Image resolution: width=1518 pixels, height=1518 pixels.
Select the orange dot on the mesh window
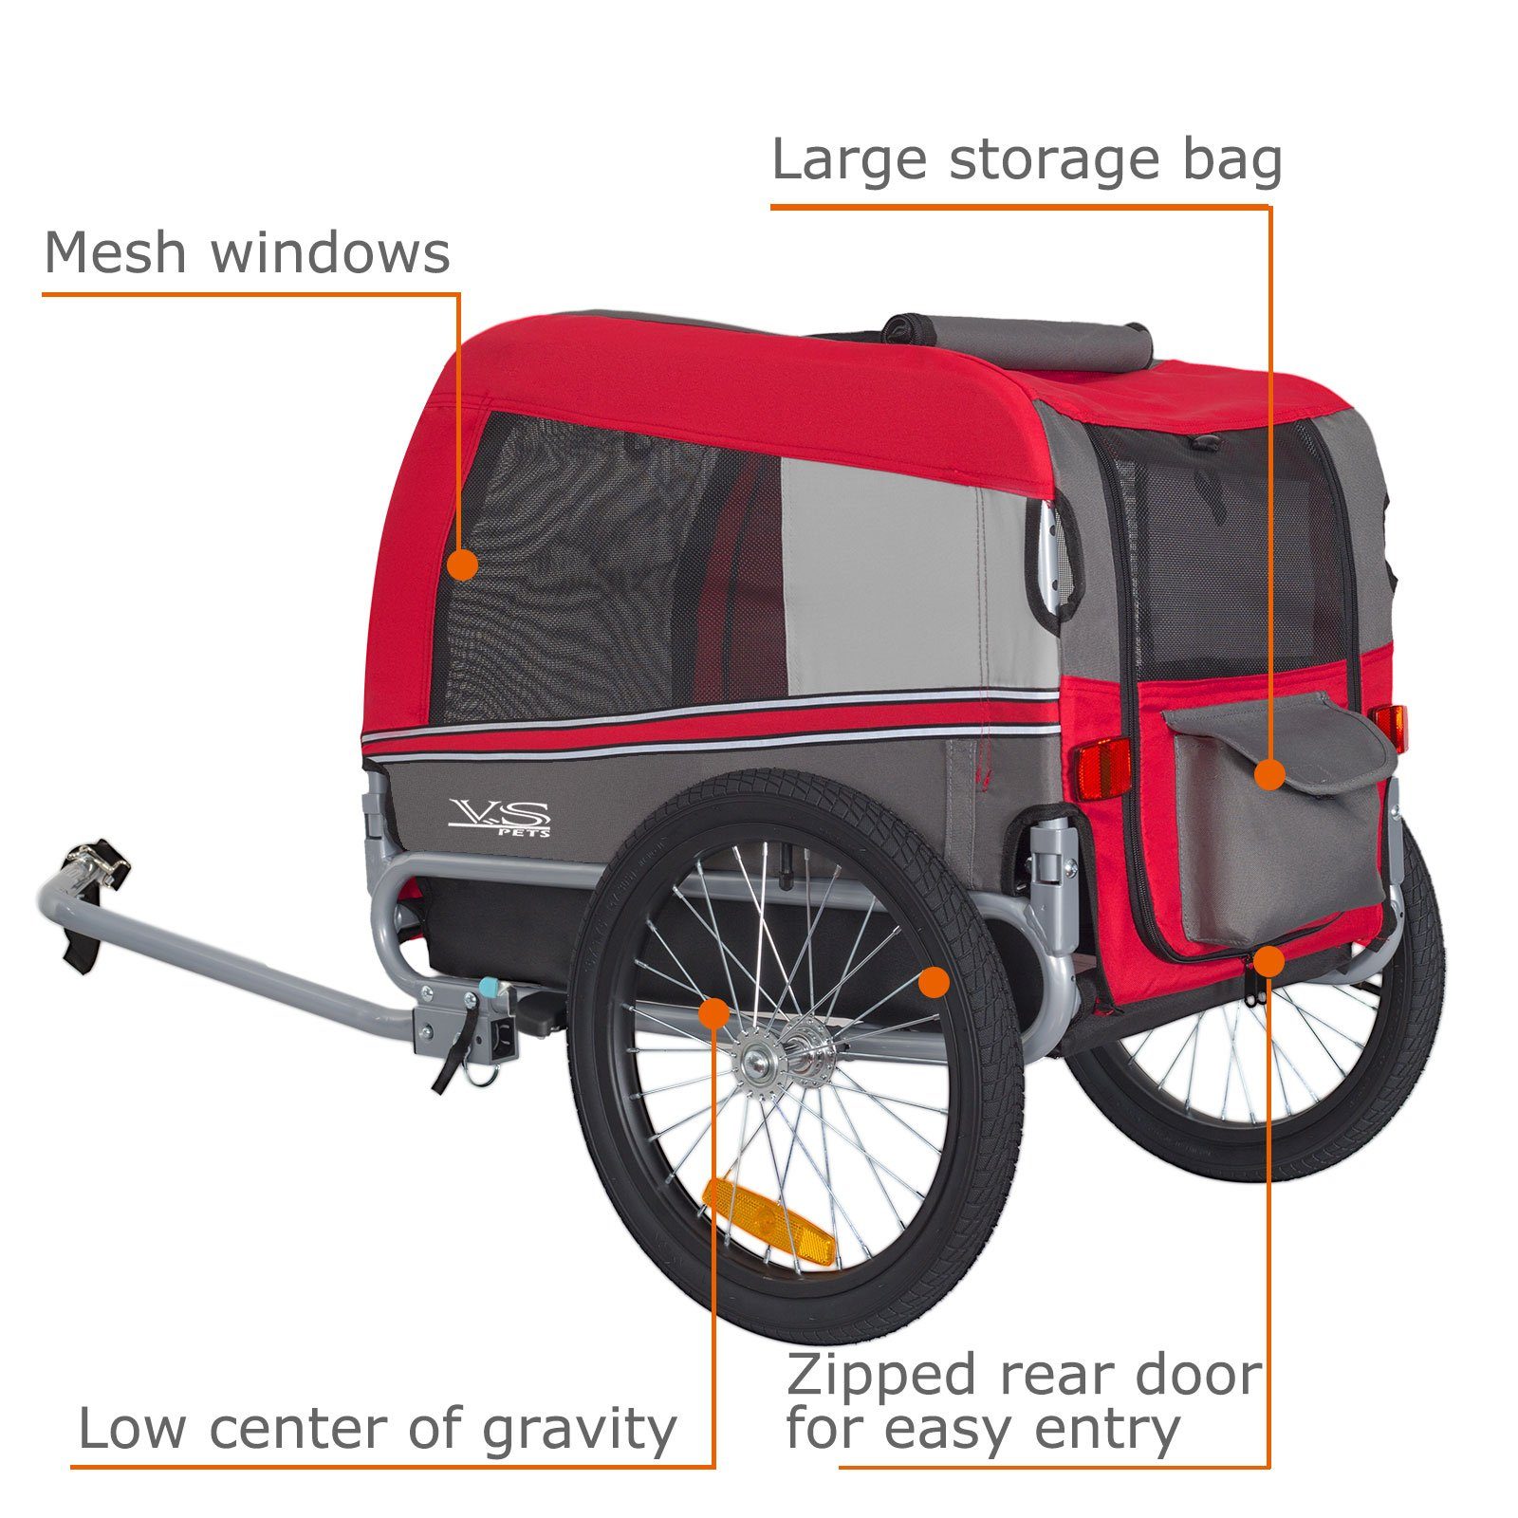(x=462, y=565)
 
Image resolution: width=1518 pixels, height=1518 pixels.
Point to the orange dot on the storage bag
(x=1269, y=775)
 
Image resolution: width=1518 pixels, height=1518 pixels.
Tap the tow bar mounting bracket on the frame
(x=465, y=1025)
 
